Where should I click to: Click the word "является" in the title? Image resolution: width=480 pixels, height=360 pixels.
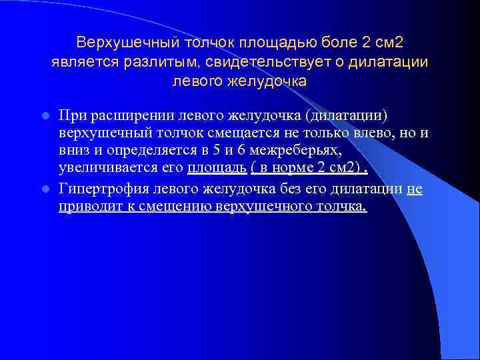[x=85, y=63]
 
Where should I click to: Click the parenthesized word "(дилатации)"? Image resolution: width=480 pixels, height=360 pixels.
[x=345, y=115]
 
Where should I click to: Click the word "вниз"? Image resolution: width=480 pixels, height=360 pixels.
[x=74, y=152]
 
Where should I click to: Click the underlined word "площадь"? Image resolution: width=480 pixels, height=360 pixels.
[x=212, y=170]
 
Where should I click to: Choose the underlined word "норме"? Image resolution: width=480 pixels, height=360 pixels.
[x=286, y=170]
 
